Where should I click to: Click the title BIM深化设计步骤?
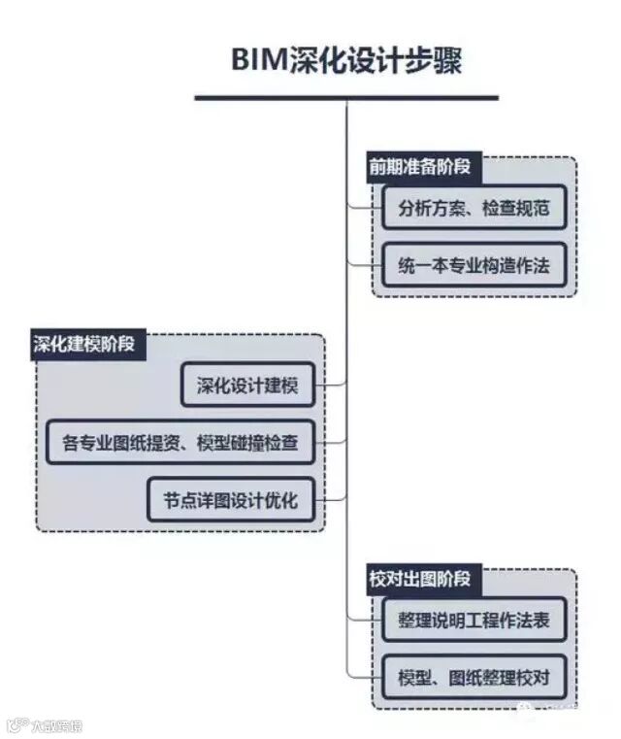click(346, 59)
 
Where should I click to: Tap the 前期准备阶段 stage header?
click(418, 166)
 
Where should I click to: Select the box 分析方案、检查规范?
click(474, 208)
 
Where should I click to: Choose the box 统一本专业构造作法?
click(474, 264)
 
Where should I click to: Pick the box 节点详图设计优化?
click(231, 500)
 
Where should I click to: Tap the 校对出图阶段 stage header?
click(418, 579)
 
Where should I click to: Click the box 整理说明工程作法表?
click(474, 620)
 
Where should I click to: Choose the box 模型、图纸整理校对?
click(474, 677)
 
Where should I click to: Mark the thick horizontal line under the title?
click(346, 97)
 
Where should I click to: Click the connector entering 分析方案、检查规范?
click(361, 207)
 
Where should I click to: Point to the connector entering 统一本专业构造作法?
click(361, 263)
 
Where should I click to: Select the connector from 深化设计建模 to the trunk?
click(333, 386)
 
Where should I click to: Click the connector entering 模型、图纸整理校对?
click(361, 676)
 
